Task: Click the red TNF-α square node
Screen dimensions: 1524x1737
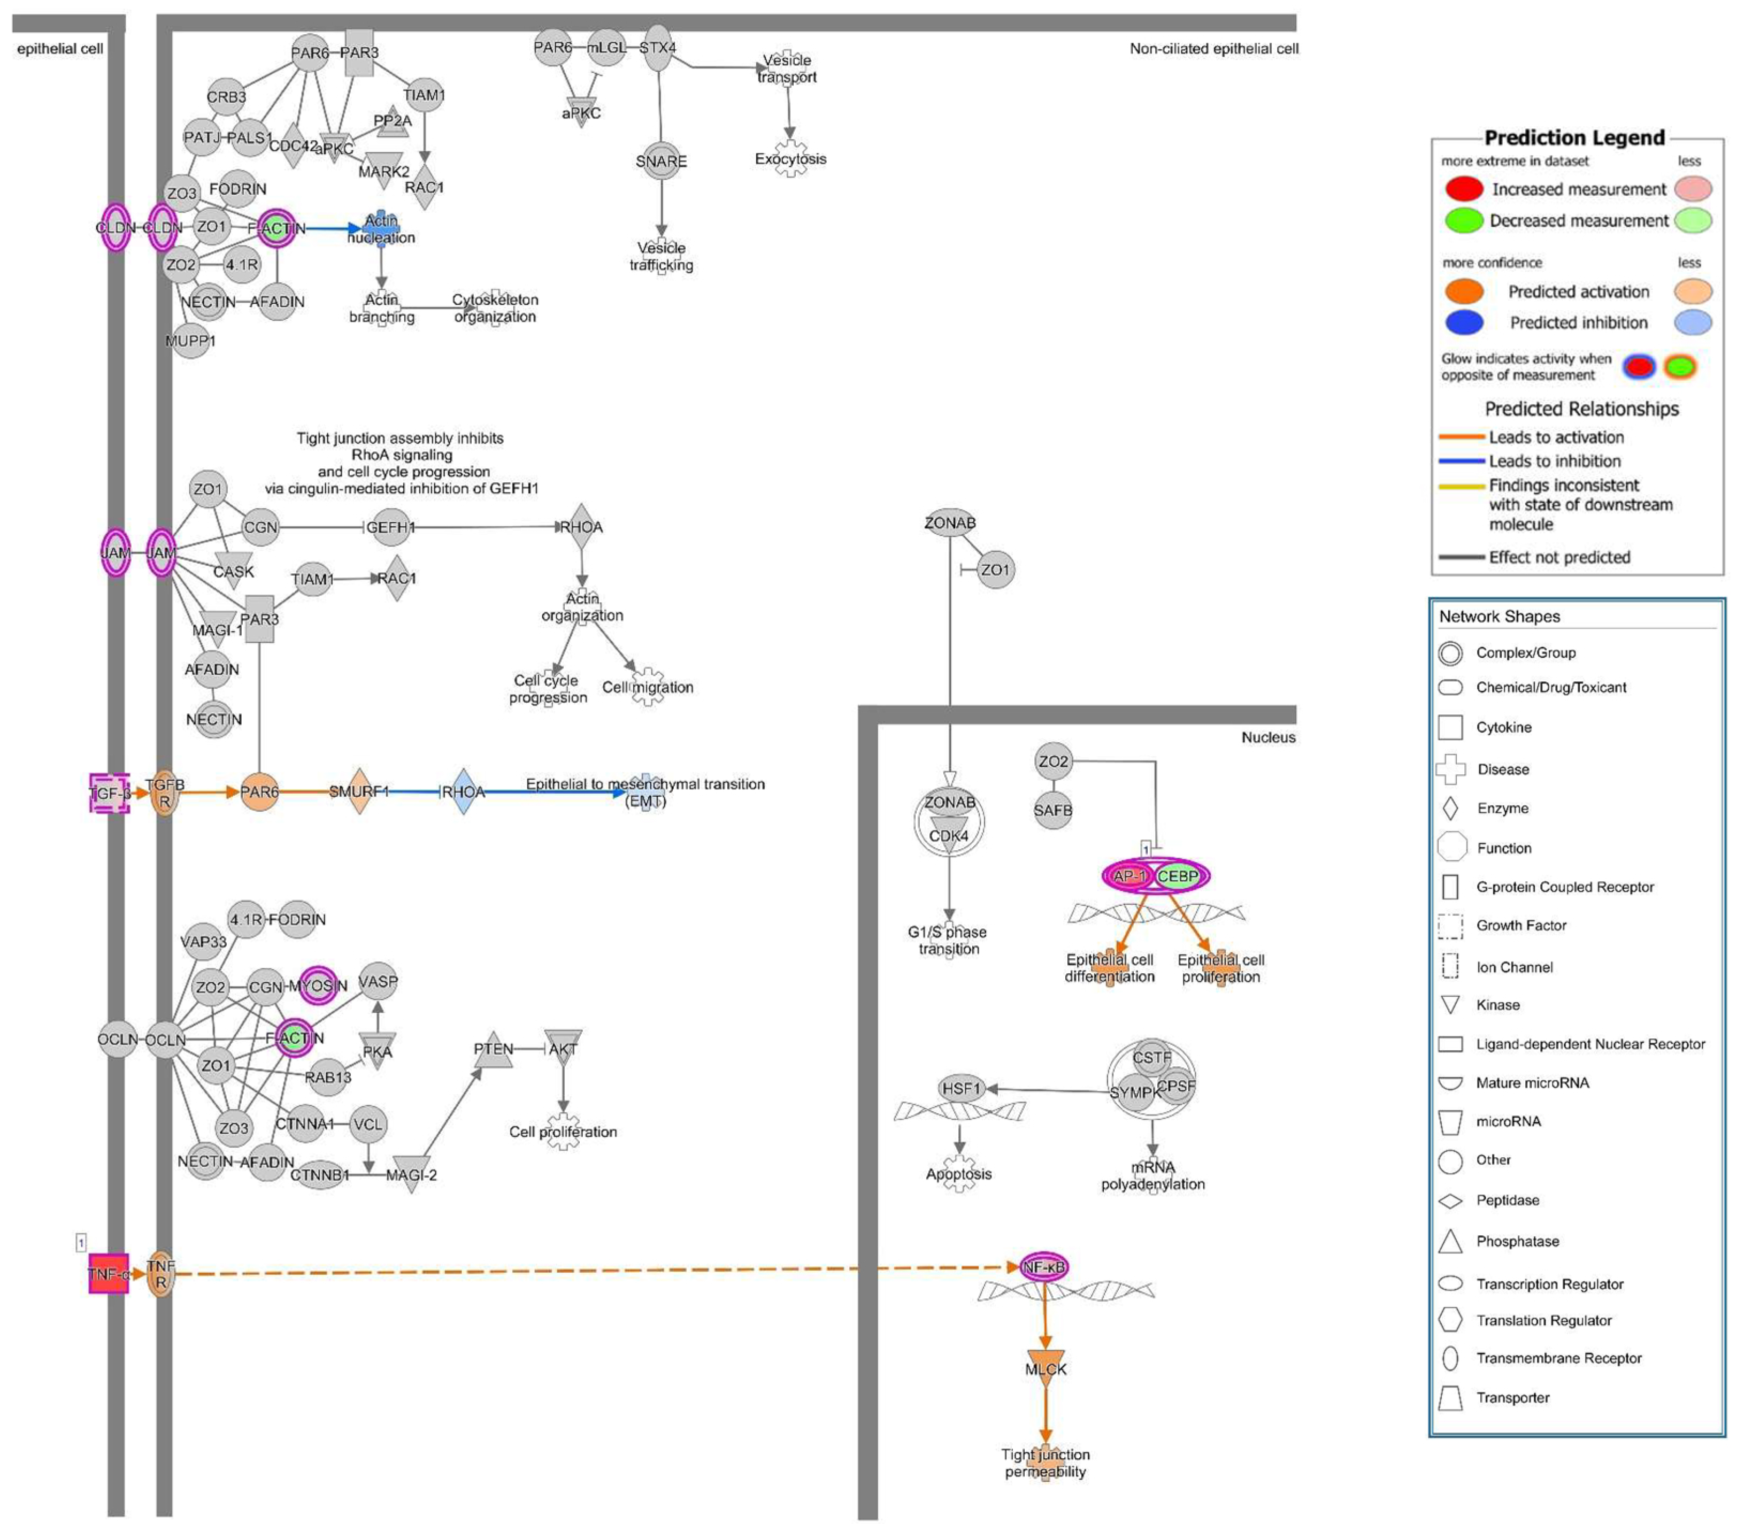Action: (x=109, y=1273)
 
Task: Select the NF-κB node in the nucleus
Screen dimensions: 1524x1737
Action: (x=1043, y=1267)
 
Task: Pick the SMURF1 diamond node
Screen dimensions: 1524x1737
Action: (x=359, y=791)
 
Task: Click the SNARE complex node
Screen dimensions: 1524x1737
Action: (x=661, y=160)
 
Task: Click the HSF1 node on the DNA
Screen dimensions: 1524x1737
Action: (x=961, y=1088)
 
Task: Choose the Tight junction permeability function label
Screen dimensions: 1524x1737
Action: (x=1046, y=1463)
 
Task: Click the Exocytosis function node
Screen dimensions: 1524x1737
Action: (x=790, y=159)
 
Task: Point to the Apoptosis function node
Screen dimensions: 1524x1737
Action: (x=958, y=1174)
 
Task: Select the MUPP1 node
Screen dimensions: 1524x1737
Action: (x=190, y=341)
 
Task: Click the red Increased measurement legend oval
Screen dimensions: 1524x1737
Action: (x=1463, y=189)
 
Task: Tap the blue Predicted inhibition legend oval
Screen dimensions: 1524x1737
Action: (x=1463, y=322)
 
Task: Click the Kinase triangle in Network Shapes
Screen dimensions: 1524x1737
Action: (x=1450, y=1005)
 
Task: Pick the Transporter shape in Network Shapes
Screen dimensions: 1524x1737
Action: (x=1450, y=1397)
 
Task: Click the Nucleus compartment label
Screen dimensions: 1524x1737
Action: (x=1268, y=737)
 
